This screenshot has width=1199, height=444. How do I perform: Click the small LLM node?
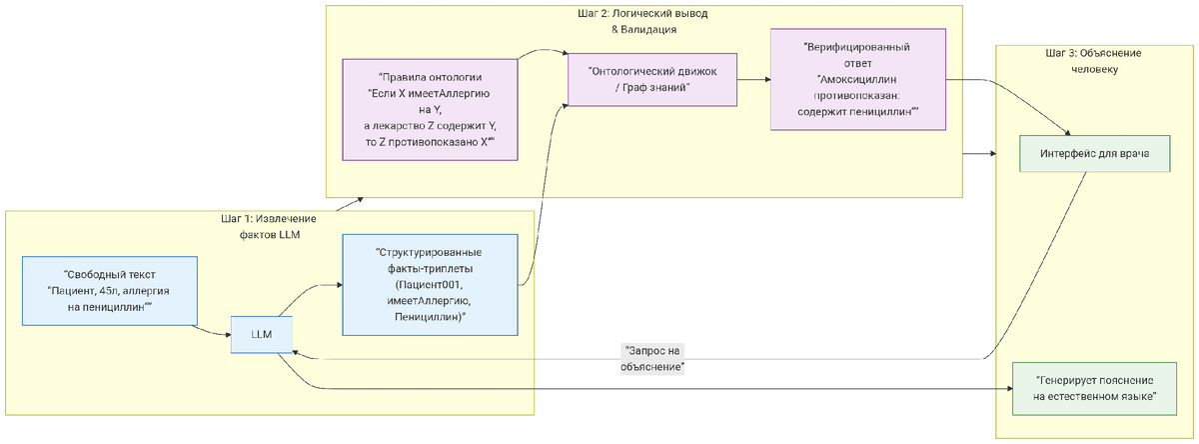click(x=262, y=335)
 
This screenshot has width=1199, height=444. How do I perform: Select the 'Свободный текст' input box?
click(x=109, y=291)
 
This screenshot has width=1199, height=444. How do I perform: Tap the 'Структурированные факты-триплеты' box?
click(x=431, y=285)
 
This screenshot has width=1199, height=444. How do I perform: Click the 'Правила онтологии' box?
click(x=430, y=109)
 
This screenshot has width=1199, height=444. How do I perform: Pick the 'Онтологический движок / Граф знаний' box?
click(x=652, y=79)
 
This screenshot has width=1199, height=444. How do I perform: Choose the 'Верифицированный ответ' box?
click(x=858, y=79)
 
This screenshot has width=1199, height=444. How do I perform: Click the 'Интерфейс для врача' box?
click(x=1094, y=154)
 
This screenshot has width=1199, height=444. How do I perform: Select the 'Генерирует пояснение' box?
click(x=1094, y=389)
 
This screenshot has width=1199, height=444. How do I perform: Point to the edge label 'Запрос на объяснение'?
click(x=652, y=359)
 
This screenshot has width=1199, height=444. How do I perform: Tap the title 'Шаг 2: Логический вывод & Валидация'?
click(x=644, y=21)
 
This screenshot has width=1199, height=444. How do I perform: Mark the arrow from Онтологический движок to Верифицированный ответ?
click(x=753, y=79)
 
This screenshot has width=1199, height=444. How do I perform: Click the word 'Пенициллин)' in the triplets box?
click(x=431, y=317)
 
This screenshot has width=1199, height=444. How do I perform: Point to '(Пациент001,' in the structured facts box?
click(x=431, y=285)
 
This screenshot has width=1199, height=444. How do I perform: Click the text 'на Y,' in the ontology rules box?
click(x=430, y=109)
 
